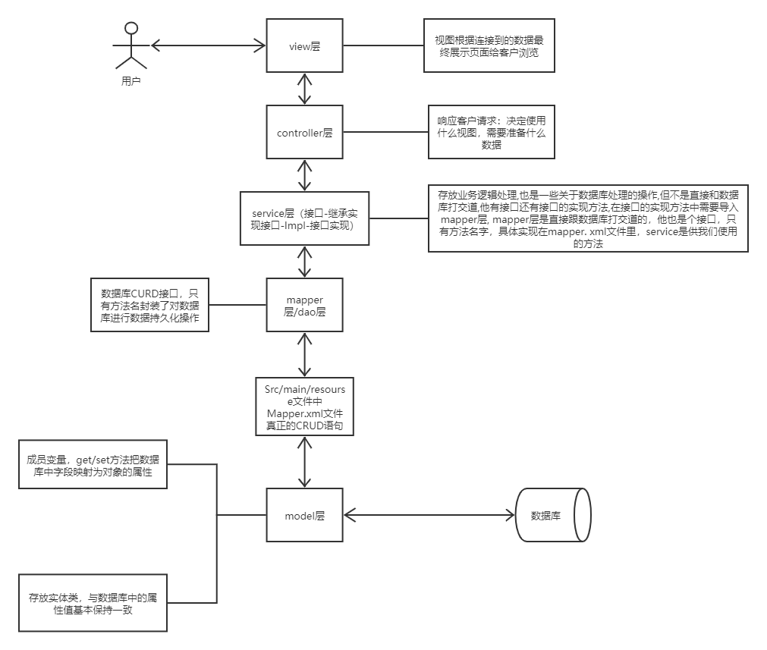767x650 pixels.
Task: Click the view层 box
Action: point(304,46)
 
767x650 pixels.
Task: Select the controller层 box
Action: point(304,133)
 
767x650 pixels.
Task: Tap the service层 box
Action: point(304,218)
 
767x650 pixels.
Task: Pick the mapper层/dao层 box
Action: point(304,305)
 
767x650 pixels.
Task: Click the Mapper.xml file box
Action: point(304,407)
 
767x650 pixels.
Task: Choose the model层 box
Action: point(304,516)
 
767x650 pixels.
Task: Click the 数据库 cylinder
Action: point(552,516)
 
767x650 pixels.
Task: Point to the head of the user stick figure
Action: point(131,28)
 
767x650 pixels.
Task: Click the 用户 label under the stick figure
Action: point(130,80)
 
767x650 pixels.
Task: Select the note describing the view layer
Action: point(489,46)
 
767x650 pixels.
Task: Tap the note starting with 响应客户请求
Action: point(491,133)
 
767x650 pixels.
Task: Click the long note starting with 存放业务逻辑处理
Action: point(588,218)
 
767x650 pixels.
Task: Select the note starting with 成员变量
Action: point(93,464)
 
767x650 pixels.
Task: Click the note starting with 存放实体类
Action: point(93,603)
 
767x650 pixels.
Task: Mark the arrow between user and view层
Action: point(209,46)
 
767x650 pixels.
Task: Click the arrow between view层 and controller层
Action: point(304,89)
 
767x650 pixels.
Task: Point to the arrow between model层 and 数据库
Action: point(429,516)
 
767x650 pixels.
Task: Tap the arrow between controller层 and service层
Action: point(304,176)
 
